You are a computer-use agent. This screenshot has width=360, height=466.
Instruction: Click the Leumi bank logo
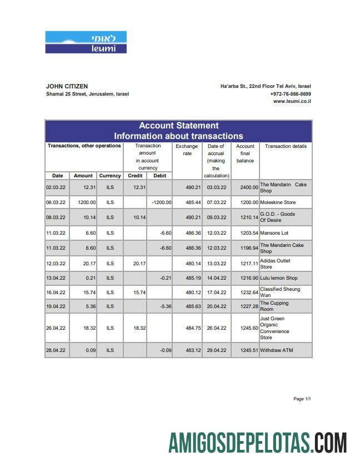(86, 42)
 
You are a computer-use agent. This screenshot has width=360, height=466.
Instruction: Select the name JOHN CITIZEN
(67, 86)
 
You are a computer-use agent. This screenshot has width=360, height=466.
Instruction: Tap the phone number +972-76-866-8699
(291, 94)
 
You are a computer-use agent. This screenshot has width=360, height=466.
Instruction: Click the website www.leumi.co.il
(292, 101)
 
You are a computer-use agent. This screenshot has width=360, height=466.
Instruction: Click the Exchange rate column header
(187, 150)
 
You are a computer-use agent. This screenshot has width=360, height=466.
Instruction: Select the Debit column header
(159, 176)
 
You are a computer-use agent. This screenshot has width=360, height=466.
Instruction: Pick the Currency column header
(110, 176)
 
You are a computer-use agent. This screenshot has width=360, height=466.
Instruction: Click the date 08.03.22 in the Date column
(56, 217)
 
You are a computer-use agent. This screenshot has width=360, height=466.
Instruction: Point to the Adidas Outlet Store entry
(275, 264)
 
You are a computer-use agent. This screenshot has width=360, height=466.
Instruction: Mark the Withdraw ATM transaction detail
(276, 350)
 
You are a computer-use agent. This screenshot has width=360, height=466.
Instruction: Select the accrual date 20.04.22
(216, 306)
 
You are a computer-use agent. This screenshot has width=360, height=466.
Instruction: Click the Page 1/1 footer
(302, 399)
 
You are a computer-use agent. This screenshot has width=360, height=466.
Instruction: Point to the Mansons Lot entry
(274, 233)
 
